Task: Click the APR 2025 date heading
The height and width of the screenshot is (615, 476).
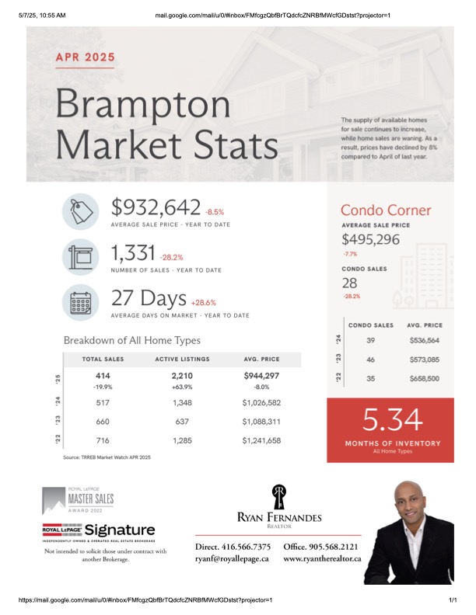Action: [86, 57]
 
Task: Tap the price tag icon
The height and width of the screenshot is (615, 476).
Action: [81, 211]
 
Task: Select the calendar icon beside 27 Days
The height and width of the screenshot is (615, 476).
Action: [81, 302]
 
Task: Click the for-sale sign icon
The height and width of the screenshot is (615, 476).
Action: [81, 257]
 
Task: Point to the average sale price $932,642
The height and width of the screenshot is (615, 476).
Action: [156, 207]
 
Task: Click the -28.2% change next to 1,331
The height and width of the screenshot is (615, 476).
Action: [171, 257]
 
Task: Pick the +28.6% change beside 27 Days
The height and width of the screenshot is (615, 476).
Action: [204, 302]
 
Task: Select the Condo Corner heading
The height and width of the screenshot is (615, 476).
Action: [386, 210]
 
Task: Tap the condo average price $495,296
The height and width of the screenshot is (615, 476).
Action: [370, 239]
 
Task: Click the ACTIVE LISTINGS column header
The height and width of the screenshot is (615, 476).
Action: [182, 359]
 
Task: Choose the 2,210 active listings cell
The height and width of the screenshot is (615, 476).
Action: [182, 376]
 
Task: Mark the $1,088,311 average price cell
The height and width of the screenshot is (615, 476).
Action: [261, 422]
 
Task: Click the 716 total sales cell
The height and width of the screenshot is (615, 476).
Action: [103, 440]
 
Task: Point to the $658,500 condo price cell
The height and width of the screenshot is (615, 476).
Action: [424, 378]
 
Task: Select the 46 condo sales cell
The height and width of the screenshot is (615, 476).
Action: [370, 360]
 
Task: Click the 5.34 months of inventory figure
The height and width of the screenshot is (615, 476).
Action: [392, 419]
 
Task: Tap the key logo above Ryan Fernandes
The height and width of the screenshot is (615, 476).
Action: [279, 496]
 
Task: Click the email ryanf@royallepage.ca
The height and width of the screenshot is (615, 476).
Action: [232, 558]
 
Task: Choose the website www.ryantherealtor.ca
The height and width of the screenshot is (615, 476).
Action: [322, 558]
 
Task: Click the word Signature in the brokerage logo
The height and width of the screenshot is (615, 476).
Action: [120, 530]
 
